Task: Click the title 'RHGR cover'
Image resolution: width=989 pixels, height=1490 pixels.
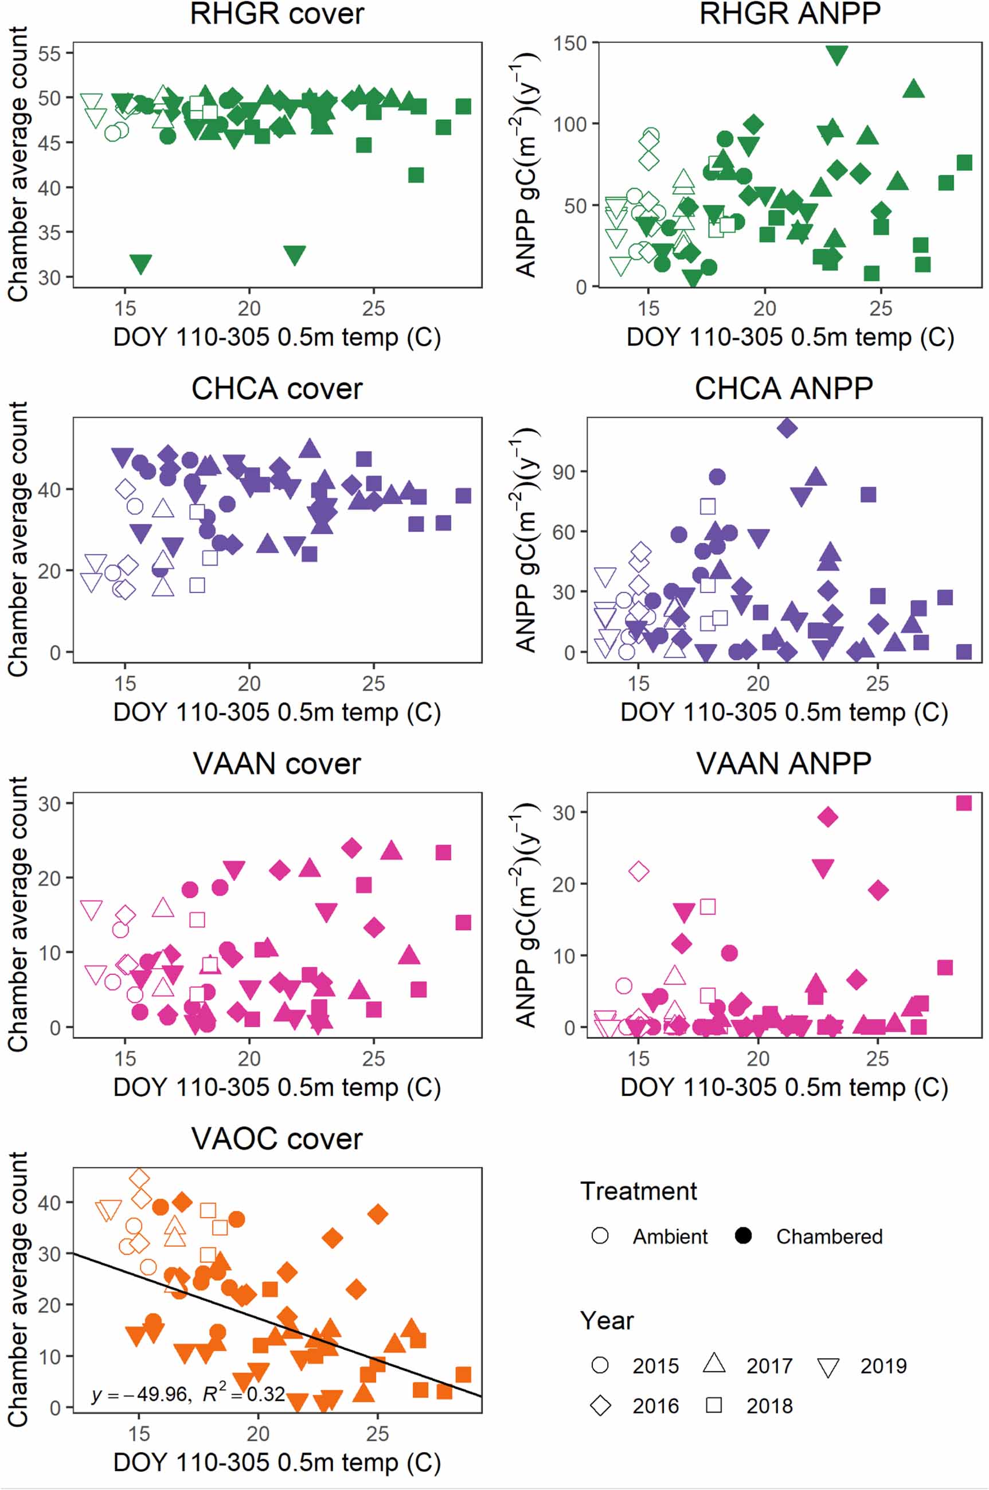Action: (x=277, y=14)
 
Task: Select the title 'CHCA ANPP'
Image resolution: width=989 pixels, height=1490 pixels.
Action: (x=783, y=389)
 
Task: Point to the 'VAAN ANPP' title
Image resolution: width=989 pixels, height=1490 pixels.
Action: (x=783, y=764)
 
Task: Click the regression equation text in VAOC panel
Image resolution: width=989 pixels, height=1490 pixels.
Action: (x=188, y=1394)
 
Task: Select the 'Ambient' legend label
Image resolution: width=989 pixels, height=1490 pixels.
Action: (x=670, y=1237)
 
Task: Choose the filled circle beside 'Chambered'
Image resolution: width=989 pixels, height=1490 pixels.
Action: (x=744, y=1236)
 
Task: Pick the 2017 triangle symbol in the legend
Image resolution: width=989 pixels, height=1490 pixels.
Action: (x=714, y=1363)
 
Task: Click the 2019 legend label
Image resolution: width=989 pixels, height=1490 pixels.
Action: (x=883, y=1366)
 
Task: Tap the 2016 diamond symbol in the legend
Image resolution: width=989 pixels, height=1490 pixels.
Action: (x=600, y=1406)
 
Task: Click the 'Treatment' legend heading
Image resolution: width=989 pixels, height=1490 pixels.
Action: (x=638, y=1191)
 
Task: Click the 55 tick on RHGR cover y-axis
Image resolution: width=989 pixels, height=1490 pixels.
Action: (x=50, y=53)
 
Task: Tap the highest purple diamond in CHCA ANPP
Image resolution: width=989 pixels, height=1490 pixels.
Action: (x=787, y=428)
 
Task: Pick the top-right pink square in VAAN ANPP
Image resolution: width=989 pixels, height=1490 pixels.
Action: (x=963, y=803)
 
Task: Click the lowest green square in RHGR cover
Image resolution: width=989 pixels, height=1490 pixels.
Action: (x=416, y=175)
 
